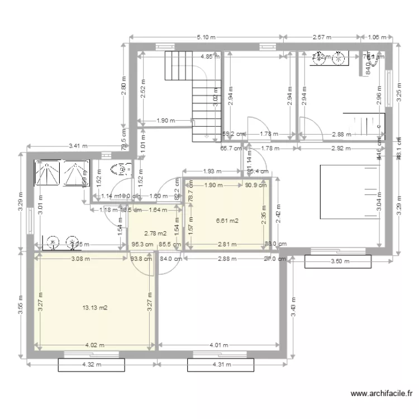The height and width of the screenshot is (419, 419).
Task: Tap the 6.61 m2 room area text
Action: pos(227,221)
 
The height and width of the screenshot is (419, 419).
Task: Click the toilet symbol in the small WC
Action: pos(120,170)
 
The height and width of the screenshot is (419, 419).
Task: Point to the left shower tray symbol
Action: pos(47,173)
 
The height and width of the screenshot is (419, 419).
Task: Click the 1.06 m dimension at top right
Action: pos(378,37)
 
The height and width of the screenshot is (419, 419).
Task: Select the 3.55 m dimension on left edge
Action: pos(20,305)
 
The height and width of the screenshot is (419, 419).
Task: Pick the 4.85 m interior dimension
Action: pos(210,56)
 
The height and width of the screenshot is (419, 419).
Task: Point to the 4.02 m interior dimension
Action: pos(95,345)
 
